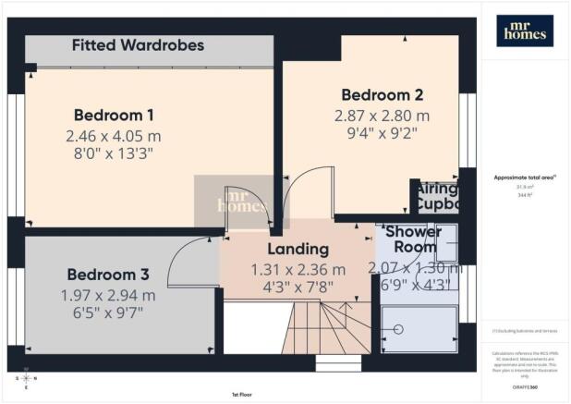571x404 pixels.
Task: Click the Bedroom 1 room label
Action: click(114, 116)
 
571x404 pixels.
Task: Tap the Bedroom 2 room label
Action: click(383, 94)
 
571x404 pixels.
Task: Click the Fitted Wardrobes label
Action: click(138, 44)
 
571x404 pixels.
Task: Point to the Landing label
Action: click(298, 249)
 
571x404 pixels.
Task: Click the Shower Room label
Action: click(413, 239)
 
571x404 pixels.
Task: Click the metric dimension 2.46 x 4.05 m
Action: click(115, 135)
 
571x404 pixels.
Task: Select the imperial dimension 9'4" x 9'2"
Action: click(383, 132)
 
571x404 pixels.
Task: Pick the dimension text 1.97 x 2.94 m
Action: click(108, 295)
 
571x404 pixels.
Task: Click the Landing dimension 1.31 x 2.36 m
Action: click(298, 269)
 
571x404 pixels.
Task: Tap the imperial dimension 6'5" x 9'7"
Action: click(108, 313)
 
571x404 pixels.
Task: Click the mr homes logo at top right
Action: click(525, 31)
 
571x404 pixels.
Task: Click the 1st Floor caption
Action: click(243, 394)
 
